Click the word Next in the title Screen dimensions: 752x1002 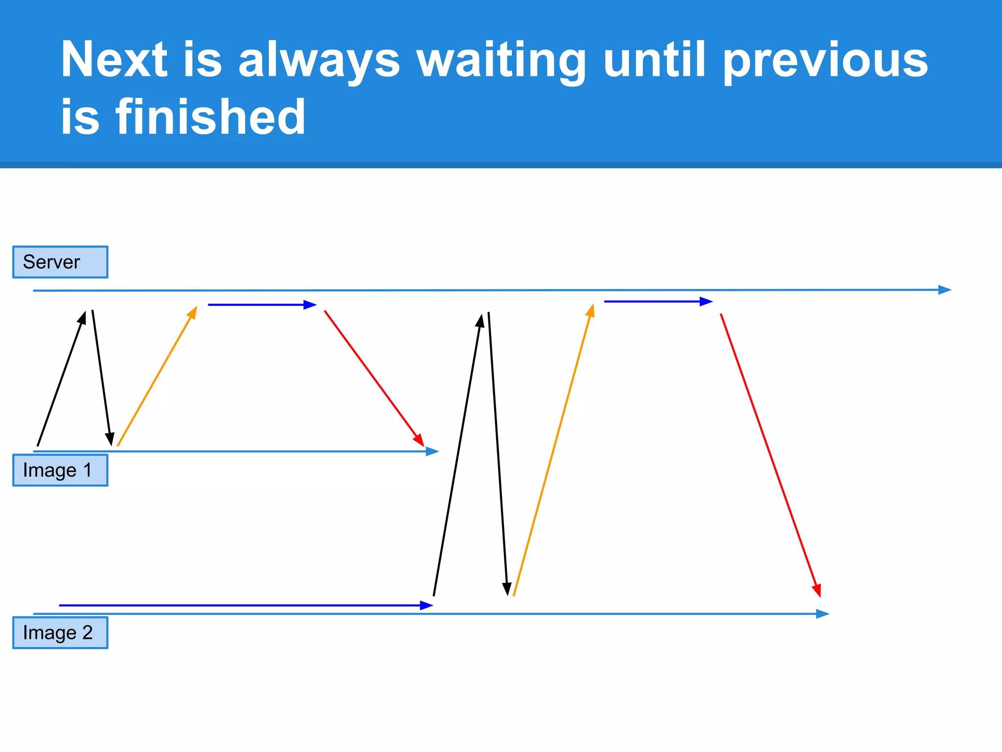[x=114, y=59]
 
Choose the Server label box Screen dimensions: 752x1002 [x=60, y=262]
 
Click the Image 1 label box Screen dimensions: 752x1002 [x=60, y=470]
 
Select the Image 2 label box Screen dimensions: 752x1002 [x=60, y=633]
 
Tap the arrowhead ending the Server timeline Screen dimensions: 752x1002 [x=945, y=290]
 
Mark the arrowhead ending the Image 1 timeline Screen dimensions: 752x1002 [x=432, y=451]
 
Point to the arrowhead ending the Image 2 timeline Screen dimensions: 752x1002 [x=822, y=614]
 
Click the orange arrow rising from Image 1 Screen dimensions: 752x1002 [x=157, y=377]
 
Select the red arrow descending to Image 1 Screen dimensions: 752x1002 [x=374, y=378]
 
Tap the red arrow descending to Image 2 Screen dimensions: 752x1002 [x=770, y=455]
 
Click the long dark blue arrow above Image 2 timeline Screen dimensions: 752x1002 [x=245, y=606]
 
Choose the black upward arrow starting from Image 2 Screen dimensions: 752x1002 [x=458, y=455]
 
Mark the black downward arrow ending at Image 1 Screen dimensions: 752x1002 [x=101, y=377]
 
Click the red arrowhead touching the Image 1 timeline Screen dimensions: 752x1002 [x=419, y=440]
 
